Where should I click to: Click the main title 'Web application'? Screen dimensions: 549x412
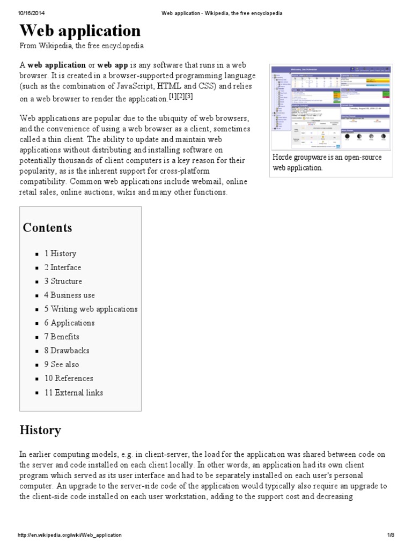(80, 30)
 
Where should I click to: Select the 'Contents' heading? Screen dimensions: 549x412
(47, 227)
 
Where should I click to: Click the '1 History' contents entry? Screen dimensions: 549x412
(60, 254)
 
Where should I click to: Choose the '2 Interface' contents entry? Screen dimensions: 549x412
(63, 268)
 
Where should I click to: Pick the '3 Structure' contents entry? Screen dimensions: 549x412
(63, 281)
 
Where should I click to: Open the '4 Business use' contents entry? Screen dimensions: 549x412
(70, 295)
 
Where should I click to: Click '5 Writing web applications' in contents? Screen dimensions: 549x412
(91, 309)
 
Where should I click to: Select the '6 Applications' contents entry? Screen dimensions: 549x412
(69, 323)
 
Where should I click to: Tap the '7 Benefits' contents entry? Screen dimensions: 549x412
(62, 337)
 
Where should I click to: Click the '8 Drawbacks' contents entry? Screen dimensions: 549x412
(67, 351)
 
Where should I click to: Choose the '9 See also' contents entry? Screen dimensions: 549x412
(62, 365)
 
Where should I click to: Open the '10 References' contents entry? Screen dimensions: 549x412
(69, 379)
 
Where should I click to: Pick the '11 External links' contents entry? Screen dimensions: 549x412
(73, 392)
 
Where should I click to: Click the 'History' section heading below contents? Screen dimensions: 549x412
(40, 430)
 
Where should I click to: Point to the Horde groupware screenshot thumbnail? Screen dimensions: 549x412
(331, 107)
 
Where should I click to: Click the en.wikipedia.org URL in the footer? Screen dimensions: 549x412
(70, 535)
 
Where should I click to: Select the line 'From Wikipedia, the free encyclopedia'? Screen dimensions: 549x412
(82, 47)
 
